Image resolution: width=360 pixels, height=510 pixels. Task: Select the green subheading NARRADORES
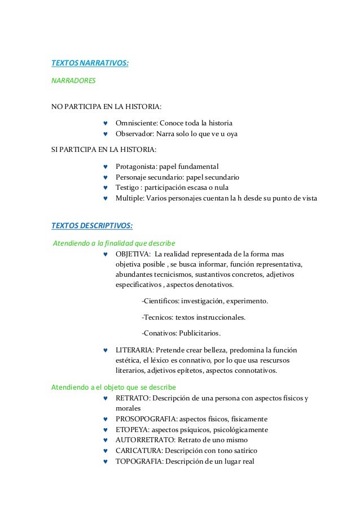pos(74,81)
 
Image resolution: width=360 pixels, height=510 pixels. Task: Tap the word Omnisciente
pos(136,123)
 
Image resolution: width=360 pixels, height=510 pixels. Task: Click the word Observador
pos(134,134)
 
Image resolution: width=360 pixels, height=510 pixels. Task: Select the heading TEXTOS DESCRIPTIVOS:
pos(92,226)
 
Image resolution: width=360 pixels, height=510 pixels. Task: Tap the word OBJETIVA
pos(131,254)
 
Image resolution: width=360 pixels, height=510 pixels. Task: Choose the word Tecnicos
pos(157,317)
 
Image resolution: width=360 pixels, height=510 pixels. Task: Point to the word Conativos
pos(160,333)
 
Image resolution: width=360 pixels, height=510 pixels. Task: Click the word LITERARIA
pos(134,350)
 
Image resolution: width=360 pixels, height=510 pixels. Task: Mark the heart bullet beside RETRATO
pos(106,398)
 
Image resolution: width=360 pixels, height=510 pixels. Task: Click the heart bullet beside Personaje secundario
pos(106,177)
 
